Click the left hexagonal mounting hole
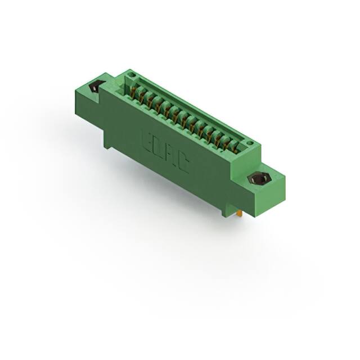pos(95,88)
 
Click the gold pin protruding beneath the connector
pos(241,213)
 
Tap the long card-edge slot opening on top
pos(186,112)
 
